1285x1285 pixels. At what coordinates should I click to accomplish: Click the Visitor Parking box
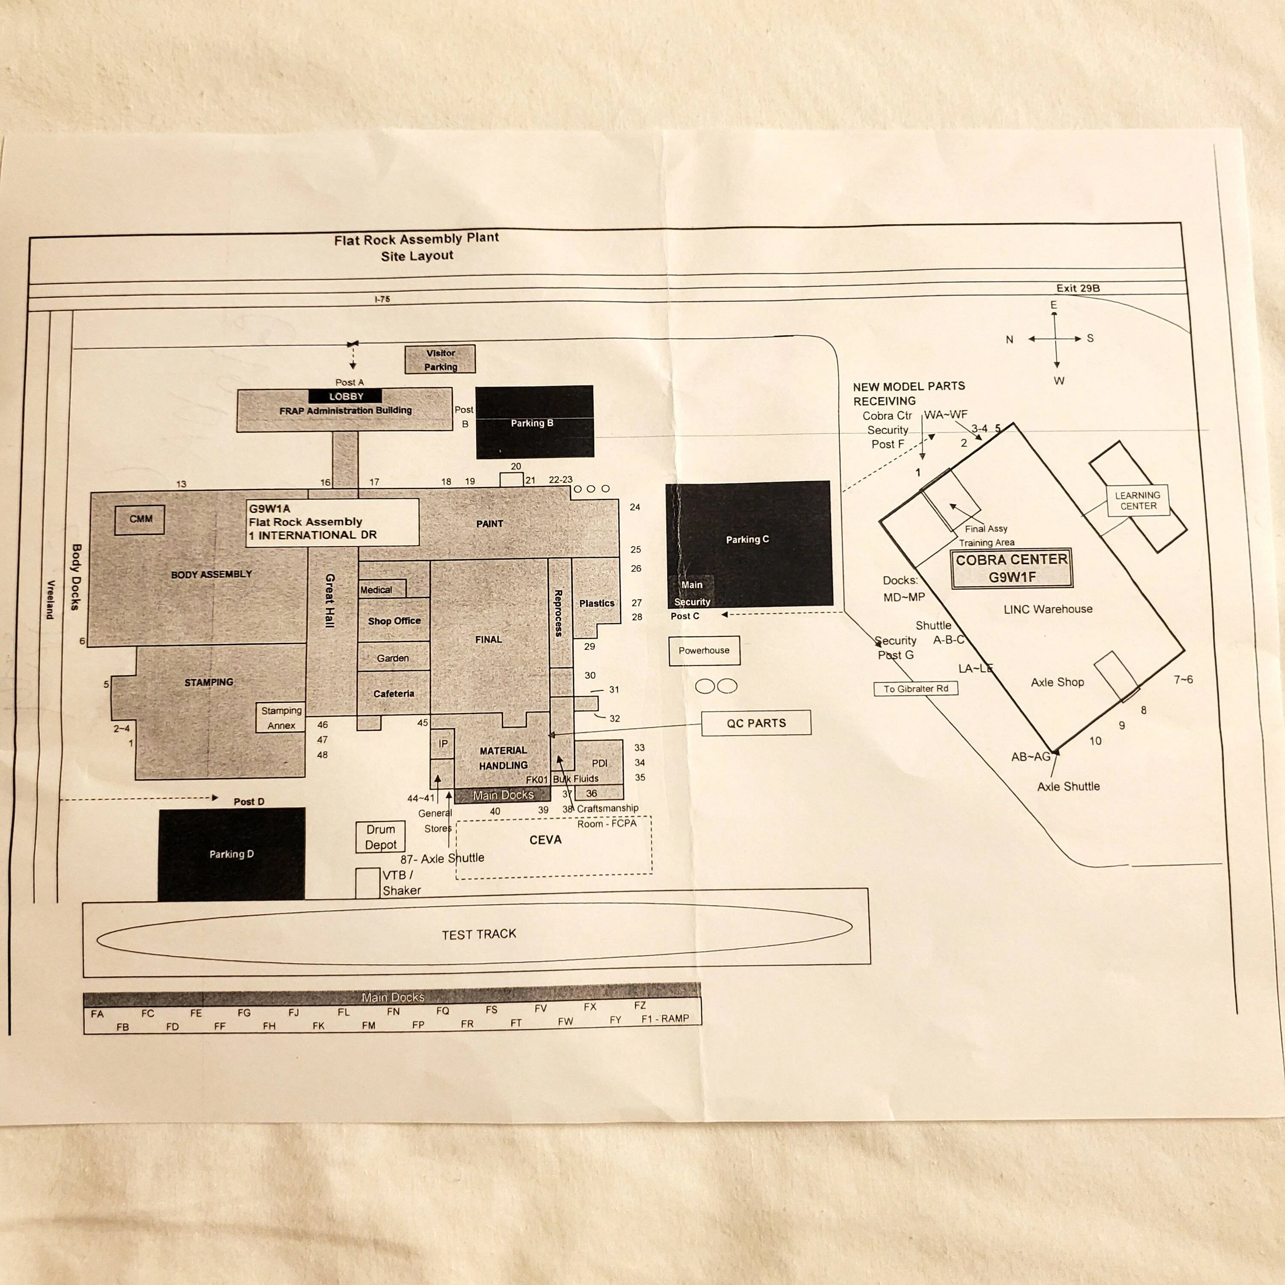point(440,359)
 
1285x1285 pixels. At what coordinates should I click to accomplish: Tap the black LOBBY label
point(345,396)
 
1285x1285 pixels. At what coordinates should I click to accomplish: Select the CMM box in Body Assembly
point(140,520)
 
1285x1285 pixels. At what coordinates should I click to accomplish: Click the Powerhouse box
point(704,651)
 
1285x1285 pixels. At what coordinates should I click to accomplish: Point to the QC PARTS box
point(756,723)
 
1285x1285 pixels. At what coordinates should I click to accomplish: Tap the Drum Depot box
point(380,837)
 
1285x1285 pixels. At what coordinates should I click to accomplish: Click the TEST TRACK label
point(479,935)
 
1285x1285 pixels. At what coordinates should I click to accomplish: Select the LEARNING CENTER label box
point(1137,501)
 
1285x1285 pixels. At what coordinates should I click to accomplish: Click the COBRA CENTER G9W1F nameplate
point(1012,569)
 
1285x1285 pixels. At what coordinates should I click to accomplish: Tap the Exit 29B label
point(1078,288)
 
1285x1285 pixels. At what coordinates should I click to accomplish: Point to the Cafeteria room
point(394,693)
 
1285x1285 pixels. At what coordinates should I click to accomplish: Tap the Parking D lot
point(231,854)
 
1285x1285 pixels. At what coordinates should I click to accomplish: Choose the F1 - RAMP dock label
point(665,1018)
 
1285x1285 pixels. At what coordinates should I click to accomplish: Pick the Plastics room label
point(597,603)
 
